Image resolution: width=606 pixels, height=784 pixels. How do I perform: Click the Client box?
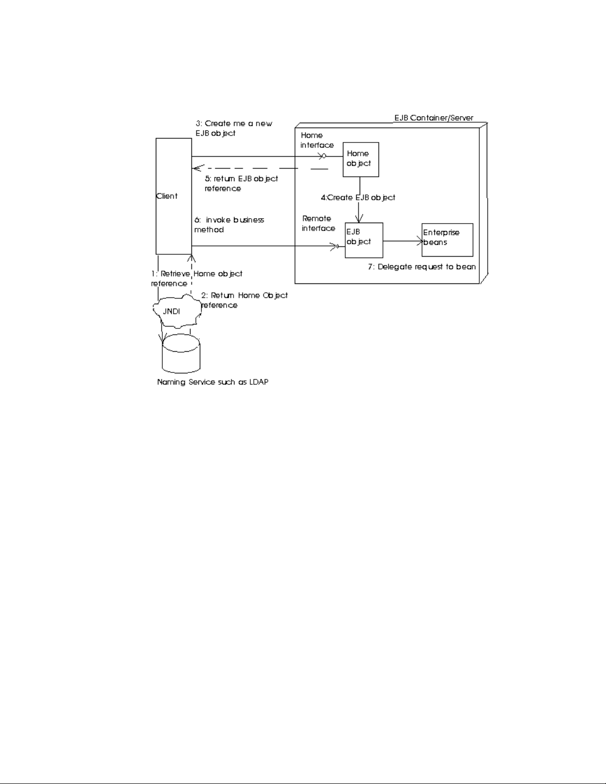pos(174,195)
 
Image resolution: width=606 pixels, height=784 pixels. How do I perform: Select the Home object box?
pos(361,159)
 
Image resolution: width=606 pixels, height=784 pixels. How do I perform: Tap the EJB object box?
pos(364,240)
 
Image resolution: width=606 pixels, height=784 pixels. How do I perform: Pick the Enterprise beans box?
pos(447,240)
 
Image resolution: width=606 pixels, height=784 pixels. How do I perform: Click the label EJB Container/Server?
pos(433,118)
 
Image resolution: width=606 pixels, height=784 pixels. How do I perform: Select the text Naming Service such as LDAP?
pos(213,382)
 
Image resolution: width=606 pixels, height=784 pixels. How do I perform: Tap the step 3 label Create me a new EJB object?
pos(233,128)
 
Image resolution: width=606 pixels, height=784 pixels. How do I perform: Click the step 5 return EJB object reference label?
pos(241,183)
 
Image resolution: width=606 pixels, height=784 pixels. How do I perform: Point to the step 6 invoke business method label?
pos(229,225)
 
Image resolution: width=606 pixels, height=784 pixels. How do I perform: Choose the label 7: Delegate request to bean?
pos(421,267)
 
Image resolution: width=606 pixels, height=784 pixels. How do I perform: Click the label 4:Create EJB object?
pos(358,198)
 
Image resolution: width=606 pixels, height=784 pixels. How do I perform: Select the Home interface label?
pos(317,140)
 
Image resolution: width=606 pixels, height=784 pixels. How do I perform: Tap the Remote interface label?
pos(318,223)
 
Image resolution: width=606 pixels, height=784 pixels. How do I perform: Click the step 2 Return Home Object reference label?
pos(244,300)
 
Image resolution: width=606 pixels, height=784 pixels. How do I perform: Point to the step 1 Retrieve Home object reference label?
pos(196,278)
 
